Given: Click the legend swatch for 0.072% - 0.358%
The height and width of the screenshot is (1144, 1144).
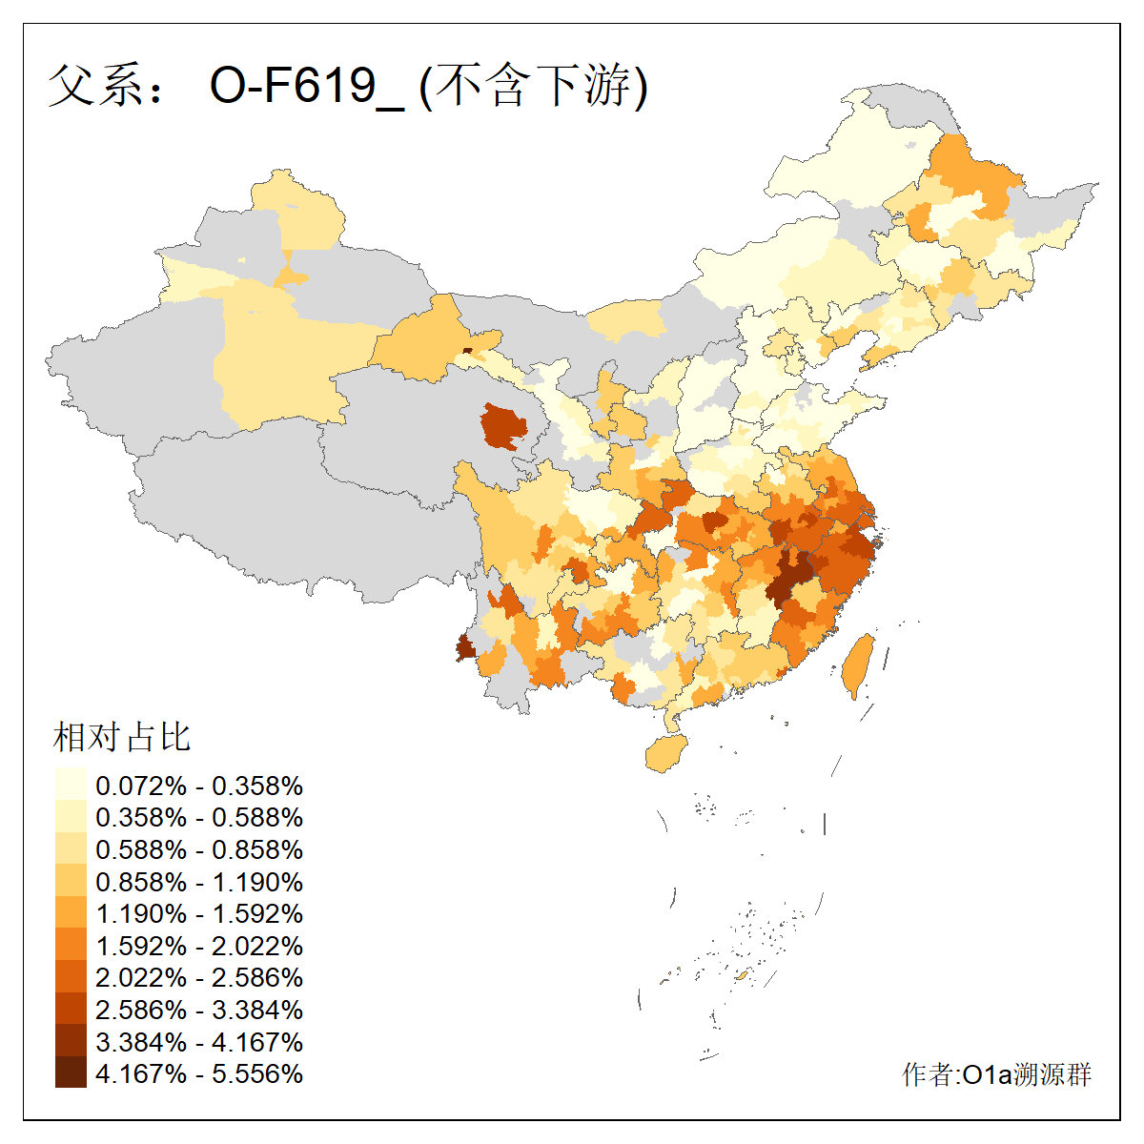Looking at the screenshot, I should click(71, 785).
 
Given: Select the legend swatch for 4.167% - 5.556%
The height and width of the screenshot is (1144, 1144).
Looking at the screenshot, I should click(71, 1072).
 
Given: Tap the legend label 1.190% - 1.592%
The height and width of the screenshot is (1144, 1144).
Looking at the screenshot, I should click(199, 913).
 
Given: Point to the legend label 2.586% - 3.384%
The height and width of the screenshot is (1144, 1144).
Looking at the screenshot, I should click(199, 1010).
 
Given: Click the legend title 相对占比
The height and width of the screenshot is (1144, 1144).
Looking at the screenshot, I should click(122, 737).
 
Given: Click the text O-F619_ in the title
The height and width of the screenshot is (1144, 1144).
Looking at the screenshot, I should click(307, 86).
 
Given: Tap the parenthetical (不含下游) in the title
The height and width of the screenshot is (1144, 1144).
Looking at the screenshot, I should click(535, 86).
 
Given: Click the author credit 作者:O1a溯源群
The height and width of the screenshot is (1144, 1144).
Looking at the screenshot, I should click(996, 1074).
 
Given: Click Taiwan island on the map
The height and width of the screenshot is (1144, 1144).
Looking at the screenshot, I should click(859, 664).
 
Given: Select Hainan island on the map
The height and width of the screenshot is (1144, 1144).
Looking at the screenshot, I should click(666, 753).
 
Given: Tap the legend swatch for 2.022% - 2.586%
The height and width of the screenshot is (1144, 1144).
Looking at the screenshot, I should click(71, 977).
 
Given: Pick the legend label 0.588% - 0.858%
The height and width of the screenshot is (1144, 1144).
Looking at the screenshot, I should click(199, 849).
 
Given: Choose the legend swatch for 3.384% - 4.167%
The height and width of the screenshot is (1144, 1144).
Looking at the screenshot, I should click(71, 1041).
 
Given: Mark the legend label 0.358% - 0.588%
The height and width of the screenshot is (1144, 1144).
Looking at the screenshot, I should click(199, 817).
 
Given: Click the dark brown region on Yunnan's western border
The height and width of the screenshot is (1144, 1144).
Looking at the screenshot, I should click(465, 649).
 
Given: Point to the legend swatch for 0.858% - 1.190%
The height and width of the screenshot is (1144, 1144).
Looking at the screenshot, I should click(71, 881).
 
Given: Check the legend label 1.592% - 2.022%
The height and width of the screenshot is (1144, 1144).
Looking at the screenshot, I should click(199, 946).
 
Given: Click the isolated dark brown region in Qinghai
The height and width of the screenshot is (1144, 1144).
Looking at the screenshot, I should click(503, 425).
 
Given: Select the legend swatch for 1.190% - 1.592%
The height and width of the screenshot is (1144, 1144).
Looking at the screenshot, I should click(71, 913).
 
